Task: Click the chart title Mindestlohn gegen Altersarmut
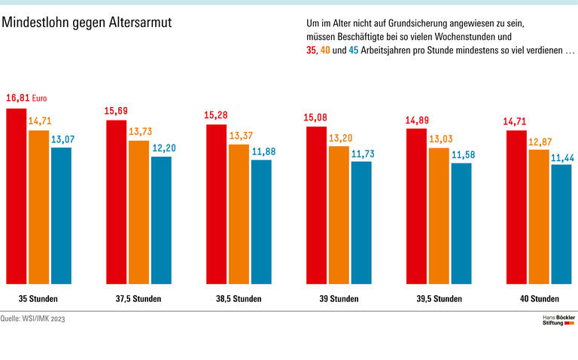[x=87, y=23]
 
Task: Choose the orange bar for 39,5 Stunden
[x=439, y=215]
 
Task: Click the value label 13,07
[x=62, y=138]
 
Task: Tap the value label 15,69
[x=117, y=111]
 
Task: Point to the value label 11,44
[x=563, y=157]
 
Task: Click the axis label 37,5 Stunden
[x=138, y=299]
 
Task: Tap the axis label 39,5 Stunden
[x=439, y=299]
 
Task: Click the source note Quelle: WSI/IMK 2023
[x=33, y=319]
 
